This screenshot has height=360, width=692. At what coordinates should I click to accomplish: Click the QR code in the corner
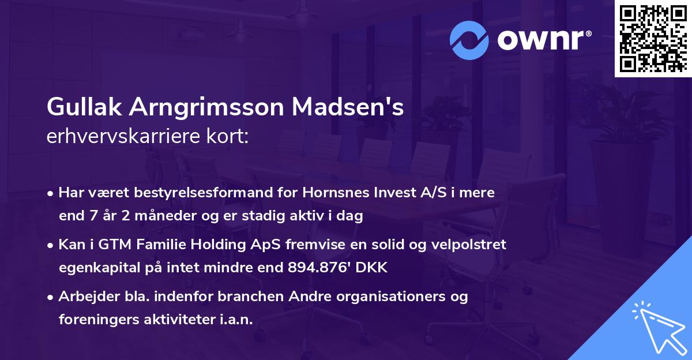click(x=653, y=38)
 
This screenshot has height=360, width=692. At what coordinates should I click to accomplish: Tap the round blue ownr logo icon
click(x=469, y=40)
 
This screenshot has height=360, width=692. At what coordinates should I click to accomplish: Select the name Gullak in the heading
click(x=85, y=107)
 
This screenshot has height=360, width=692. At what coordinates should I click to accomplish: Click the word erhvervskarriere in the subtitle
click(x=116, y=137)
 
